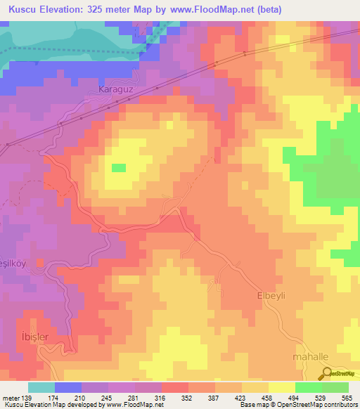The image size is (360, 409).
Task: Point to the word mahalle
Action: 310,357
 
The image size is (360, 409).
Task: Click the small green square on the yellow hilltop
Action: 119,167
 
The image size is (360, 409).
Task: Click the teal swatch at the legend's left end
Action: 41,387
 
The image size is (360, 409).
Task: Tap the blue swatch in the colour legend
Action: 67,387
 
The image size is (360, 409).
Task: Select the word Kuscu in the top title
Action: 20,9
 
